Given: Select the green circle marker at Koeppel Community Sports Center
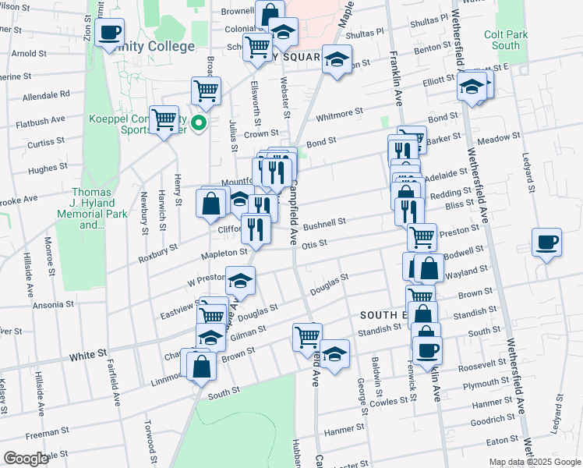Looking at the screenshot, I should (x=199, y=122).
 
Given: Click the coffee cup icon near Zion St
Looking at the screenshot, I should (x=110, y=33).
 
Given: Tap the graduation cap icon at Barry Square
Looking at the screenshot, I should (x=336, y=61).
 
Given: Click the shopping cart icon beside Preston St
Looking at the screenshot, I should (x=422, y=236).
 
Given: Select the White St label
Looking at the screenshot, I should (x=87, y=355).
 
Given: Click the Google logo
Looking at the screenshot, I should (x=26, y=459).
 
